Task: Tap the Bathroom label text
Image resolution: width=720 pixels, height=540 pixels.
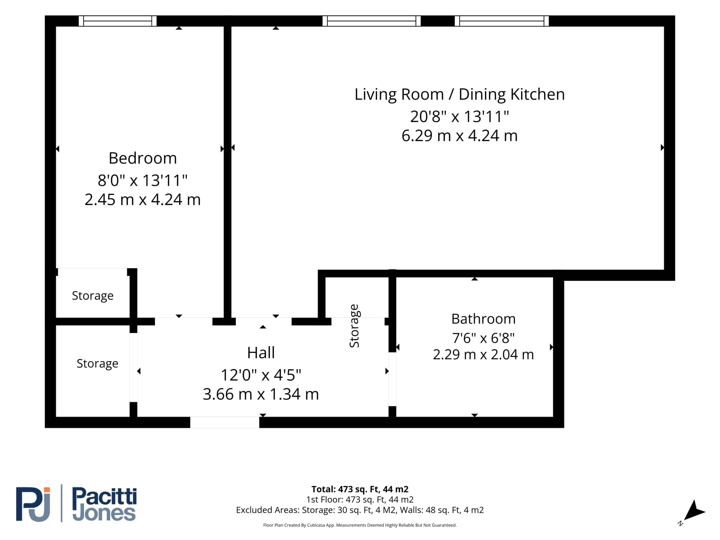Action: (483, 319)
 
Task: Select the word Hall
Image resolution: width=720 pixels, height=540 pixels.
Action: (261, 352)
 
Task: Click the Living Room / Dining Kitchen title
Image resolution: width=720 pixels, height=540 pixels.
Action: (460, 95)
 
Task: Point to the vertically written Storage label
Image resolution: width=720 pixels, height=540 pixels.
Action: (354, 326)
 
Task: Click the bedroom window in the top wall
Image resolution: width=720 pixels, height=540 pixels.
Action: (118, 21)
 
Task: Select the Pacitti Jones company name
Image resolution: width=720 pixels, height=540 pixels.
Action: (104, 504)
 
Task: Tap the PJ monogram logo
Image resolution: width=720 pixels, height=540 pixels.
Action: (33, 504)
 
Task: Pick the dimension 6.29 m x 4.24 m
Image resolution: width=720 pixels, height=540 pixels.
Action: (460, 136)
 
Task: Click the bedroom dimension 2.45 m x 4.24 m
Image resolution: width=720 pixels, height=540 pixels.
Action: (143, 199)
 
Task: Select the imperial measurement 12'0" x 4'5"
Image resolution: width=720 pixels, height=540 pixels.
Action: (261, 375)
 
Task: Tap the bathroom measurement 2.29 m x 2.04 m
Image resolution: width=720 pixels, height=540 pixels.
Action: (483, 354)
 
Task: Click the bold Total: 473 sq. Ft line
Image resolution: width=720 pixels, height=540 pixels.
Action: (360, 489)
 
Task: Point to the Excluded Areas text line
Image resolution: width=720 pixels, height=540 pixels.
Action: (360, 510)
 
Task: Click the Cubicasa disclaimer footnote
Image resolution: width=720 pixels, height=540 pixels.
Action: (360, 525)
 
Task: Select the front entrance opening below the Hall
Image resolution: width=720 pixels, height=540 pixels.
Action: (225, 422)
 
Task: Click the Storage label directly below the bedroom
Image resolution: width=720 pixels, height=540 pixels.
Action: (93, 296)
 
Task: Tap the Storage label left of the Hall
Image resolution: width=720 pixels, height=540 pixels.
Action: (97, 364)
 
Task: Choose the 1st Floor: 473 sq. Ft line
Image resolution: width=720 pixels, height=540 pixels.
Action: (360, 499)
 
